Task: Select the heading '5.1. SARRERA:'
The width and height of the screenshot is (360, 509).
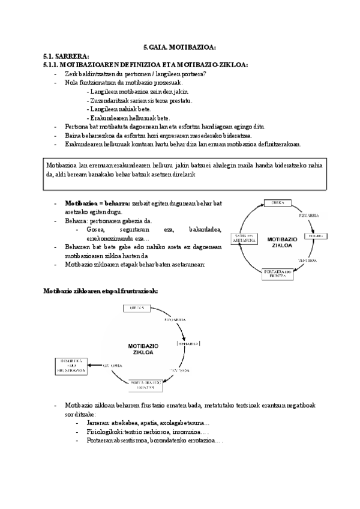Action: pos(58,56)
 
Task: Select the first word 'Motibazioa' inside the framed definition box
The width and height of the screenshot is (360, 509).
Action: pos(61,164)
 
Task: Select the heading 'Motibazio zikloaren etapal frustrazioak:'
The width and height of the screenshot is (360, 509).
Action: pos(100,291)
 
